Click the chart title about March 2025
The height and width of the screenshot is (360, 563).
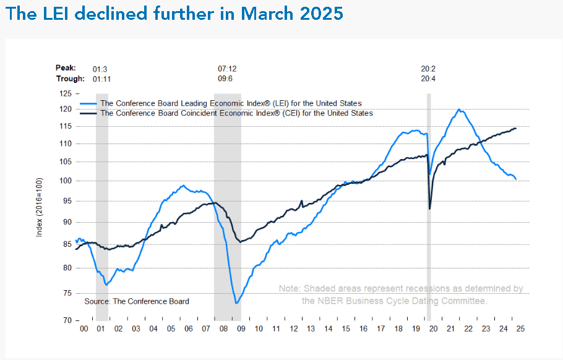pos(174,13)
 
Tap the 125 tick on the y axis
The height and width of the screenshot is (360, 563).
pos(66,93)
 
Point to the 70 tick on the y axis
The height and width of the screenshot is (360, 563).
pos(67,320)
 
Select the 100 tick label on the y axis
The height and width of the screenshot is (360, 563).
pos(66,181)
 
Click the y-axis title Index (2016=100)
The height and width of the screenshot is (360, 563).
pos(39,207)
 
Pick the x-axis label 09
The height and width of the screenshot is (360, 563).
pos(241,329)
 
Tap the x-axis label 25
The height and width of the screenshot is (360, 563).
pos(520,329)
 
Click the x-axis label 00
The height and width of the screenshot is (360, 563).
pos(84,329)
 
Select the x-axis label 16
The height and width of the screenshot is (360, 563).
pos(363,329)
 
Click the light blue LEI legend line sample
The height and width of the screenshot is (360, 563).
pos(88,104)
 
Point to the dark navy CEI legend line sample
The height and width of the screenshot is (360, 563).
pos(88,113)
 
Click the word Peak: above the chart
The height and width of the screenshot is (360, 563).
pos(66,68)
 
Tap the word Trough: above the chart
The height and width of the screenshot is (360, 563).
pos(71,79)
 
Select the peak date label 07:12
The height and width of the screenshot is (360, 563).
pos(227,69)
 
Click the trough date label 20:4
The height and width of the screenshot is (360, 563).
pos(428,79)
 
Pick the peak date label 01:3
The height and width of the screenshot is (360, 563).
pos(100,69)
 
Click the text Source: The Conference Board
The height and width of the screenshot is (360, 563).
pos(137,301)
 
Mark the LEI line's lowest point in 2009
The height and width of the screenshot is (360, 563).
pos(236,303)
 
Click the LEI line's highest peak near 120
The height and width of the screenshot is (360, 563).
pos(459,109)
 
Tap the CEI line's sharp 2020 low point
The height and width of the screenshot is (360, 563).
pos(430,209)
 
